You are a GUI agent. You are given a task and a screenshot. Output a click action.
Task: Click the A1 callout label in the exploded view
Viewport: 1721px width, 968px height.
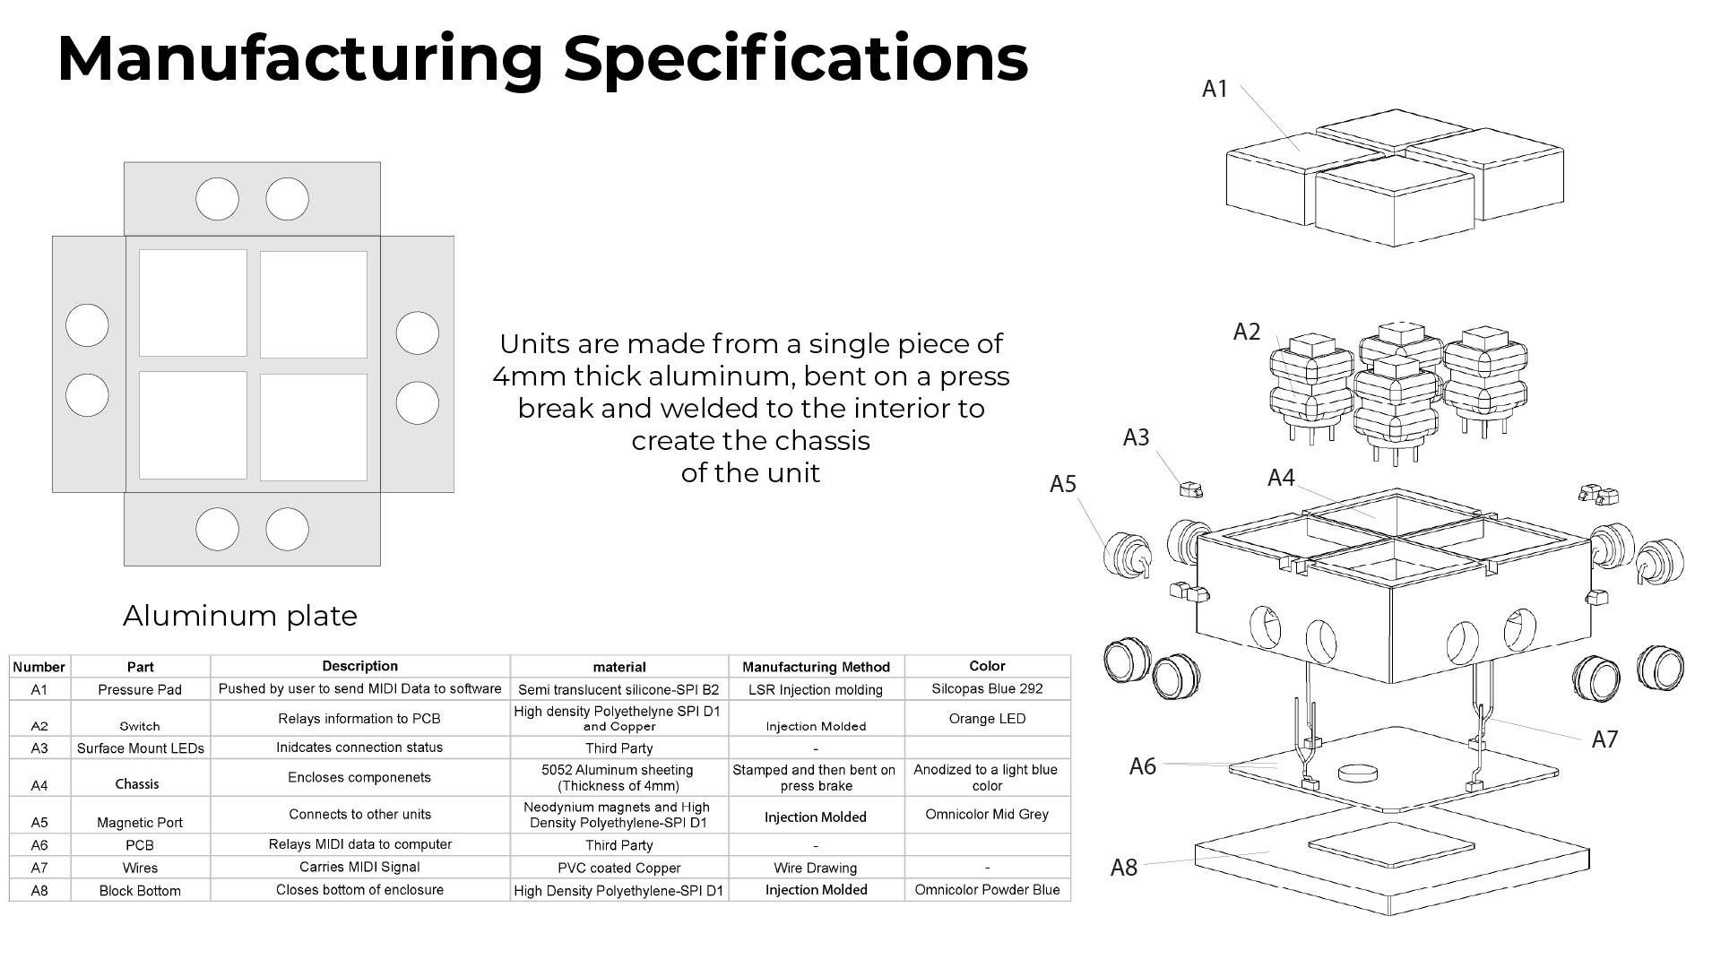[1215, 89]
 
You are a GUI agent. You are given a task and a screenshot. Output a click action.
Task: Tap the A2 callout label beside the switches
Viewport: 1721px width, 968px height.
[1247, 332]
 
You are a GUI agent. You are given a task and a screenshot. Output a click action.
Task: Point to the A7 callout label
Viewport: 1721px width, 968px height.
[1604, 739]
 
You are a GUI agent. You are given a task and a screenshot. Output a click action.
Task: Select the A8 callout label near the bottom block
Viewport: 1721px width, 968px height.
[1123, 868]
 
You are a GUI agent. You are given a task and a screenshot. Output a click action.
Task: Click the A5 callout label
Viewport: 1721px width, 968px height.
[1062, 484]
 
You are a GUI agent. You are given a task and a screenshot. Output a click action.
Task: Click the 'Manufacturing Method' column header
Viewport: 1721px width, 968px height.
[816, 667]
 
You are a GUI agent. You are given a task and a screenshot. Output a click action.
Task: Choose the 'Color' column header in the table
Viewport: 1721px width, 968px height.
[987, 666]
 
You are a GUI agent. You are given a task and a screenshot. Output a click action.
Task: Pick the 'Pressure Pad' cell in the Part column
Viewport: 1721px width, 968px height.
[140, 689]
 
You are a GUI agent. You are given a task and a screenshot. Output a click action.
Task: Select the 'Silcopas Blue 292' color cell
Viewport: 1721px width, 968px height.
[987, 688]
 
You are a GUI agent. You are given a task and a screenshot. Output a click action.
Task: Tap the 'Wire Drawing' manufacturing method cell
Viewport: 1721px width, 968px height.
[816, 868]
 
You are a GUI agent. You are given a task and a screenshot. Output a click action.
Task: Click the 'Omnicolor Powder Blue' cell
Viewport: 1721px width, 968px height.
[987, 890]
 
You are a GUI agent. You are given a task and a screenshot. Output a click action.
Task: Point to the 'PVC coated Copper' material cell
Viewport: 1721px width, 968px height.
[618, 868]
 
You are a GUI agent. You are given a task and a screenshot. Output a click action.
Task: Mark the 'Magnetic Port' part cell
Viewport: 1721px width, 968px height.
[140, 822]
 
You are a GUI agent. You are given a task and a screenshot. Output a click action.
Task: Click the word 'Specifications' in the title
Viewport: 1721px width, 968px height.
[795, 58]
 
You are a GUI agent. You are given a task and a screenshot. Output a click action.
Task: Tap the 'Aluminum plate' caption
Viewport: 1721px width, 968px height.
[239, 616]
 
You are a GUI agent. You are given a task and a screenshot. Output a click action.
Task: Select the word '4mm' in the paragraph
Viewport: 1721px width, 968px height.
[529, 376]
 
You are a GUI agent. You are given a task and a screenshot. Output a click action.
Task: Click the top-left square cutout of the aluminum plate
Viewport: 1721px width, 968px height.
[193, 304]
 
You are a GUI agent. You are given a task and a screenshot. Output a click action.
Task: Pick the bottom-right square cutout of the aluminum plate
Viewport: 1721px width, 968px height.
[314, 428]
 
